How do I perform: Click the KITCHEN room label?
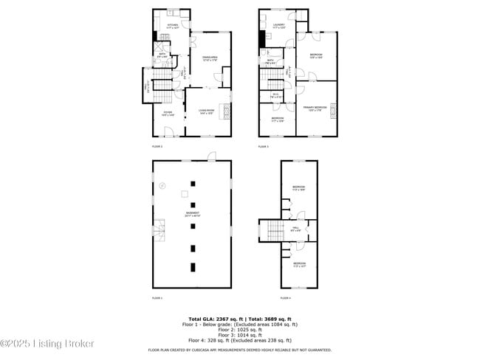tap(173, 27)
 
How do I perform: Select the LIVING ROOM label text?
tap(206, 112)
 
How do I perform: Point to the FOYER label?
tap(168, 114)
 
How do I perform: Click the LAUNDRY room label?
tap(278, 27)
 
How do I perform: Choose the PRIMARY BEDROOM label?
tap(315, 108)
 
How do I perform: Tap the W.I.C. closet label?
tap(275, 94)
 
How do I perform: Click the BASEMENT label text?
tap(192, 215)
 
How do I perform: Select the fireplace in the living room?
tap(227, 112)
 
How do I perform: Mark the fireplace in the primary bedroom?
tap(334, 112)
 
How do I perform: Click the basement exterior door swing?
tap(212, 156)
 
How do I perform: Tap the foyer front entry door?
tap(169, 131)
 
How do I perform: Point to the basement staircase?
tap(160, 232)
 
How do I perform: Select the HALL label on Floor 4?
tap(296, 229)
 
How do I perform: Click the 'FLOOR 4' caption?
tap(285, 298)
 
